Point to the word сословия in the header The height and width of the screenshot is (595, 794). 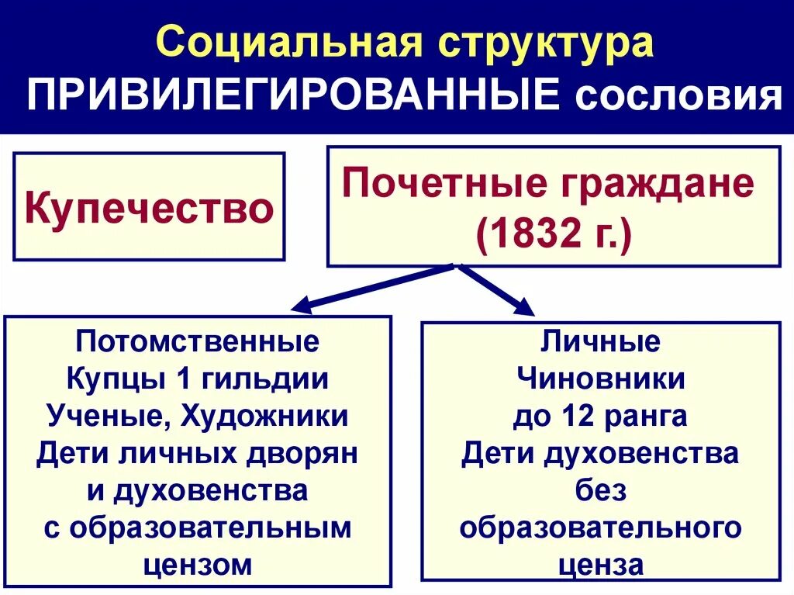coord(674,98)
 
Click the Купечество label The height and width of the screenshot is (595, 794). coord(149,208)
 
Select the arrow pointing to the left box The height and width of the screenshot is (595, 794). coord(372,286)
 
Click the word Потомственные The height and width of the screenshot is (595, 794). coord(198,342)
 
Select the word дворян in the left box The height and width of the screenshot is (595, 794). coord(314,454)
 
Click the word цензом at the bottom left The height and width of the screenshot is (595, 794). coord(198,565)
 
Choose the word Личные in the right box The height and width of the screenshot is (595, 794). coord(600,342)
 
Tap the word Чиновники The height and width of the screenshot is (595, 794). coord(600,379)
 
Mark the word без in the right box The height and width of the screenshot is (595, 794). coord(600,490)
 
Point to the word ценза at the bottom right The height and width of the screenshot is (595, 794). coord(600,565)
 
